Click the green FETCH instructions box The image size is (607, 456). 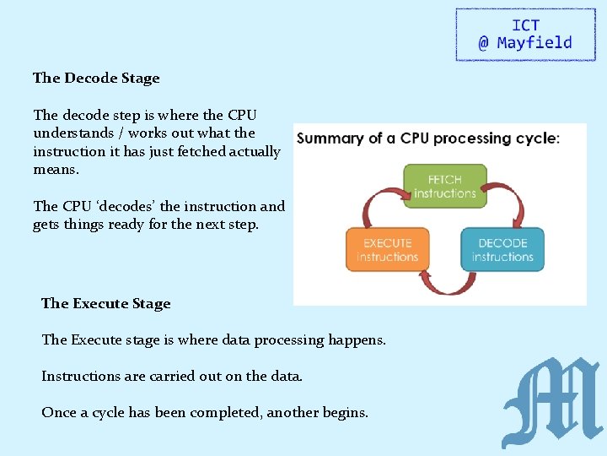click(x=444, y=186)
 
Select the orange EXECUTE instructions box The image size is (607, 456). click(x=387, y=249)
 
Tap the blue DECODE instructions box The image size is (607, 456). click(x=502, y=249)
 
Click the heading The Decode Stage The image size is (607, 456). click(x=96, y=78)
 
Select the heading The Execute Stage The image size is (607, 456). click(x=105, y=303)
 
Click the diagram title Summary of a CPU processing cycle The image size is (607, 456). click(x=428, y=138)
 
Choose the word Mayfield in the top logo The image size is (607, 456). click(x=534, y=43)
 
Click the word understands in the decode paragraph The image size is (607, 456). click(x=73, y=133)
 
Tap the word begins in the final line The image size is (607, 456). click(x=346, y=413)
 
